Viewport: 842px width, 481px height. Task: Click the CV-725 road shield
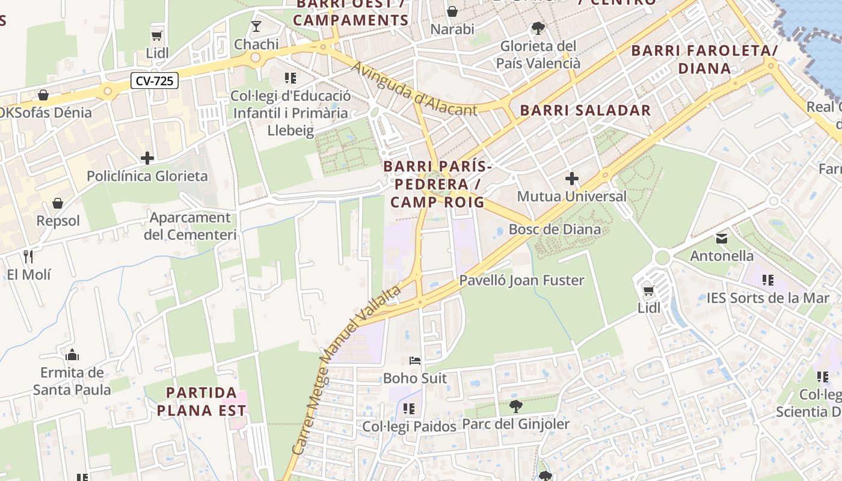pyautogui.click(x=155, y=81)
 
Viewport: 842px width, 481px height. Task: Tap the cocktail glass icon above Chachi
pyautogui.click(x=256, y=26)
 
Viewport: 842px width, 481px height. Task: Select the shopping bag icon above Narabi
pyautogui.click(x=452, y=11)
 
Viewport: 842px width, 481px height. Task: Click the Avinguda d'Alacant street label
pyautogui.click(x=414, y=90)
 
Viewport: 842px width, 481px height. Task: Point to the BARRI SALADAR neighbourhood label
pyautogui.click(x=585, y=110)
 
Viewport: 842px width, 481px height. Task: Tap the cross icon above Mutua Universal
pyautogui.click(x=571, y=179)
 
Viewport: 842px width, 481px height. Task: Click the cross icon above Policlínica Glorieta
pyautogui.click(x=147, y=158)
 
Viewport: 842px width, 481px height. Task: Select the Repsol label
pyautogui.click(x=58, y=221)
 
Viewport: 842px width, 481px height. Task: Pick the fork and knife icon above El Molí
pyautogui.click(x=28, y=257)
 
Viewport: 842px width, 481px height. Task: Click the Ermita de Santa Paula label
pyautogui.click(x=72, y=381)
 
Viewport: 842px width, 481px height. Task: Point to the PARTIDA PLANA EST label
pyautogui.click(x=206, y=402)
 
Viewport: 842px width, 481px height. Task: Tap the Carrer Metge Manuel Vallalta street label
pyautogui.click(x=346, y=370)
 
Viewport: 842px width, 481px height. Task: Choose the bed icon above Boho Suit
pyautogui.click(x=415, y=361)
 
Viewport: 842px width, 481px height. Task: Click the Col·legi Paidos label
pyautogui.click(x=409, y=426)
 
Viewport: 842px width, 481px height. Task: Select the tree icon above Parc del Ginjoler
pyautogui.click(x=515, y=406)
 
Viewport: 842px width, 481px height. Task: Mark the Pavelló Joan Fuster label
pyautogui.click(x=521, y=280)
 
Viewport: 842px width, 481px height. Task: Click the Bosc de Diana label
pyautogui.click(x=555, y=229)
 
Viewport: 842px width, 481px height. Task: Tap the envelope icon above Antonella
pyautogui.click(x=722, y=239)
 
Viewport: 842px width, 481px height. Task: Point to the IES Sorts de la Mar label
pyautogui.click(x=767, y=298)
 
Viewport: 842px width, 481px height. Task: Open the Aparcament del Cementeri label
pyautogui.click(x=190, y=226)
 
